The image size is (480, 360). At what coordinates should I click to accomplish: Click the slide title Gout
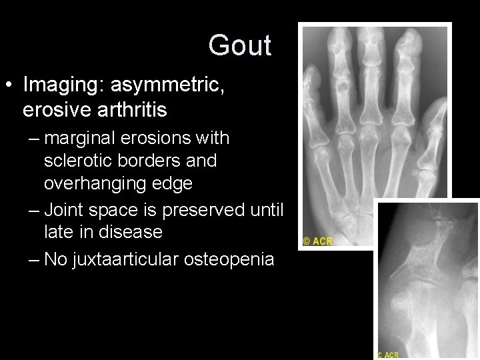[239, 46]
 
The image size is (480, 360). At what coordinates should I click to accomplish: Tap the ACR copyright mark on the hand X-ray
[318, 241]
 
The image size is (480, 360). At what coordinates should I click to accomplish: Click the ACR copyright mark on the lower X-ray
[388, 355]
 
